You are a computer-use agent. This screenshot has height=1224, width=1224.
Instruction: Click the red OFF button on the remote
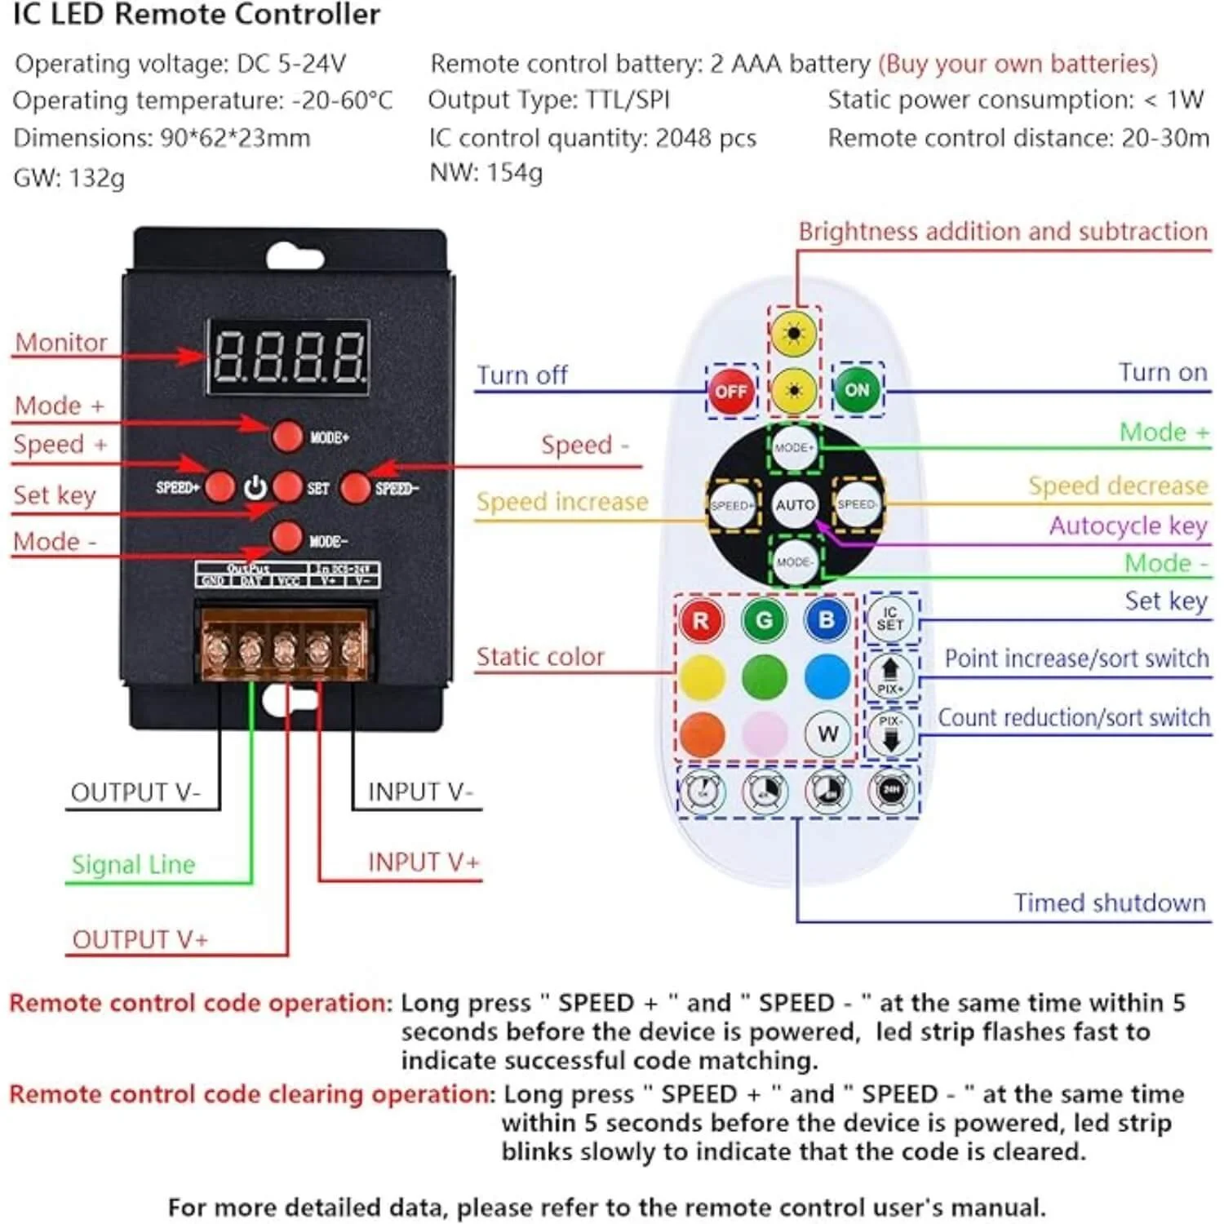[x=730, y=391]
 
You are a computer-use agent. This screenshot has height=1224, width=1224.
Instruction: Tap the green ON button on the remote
[x=857, y=390]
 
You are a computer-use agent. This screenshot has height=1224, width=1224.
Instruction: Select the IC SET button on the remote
[x=890, y=619]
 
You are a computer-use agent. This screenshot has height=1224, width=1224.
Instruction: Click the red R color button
[x=701, y=620]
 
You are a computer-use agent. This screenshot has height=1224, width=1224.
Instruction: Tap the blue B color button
[x=827, y=619]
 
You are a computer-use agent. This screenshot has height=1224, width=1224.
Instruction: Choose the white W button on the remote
[x=827, y=734]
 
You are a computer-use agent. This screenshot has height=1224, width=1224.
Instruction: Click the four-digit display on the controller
[x=287, y=357]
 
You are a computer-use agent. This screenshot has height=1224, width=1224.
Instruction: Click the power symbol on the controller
[x=255, y=488]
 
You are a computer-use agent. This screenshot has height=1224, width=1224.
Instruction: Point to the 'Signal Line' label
[x=134, y=864]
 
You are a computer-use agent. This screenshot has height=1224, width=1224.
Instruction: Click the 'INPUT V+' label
[x=423, y=862]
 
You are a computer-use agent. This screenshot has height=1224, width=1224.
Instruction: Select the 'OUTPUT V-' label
[x=135, y=792]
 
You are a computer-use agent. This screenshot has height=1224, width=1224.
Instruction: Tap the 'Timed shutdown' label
[x=1109, y=902]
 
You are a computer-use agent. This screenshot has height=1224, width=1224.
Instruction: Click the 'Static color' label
[x=540, y=657]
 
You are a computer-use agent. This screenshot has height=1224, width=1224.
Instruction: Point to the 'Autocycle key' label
[x=1128, y=526]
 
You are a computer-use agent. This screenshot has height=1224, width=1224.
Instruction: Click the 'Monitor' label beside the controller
[x=61, y=343]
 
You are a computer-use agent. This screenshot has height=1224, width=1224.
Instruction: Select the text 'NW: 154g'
[x=486, y=173]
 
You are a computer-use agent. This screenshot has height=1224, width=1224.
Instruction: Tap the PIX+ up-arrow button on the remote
[x=890, y=675]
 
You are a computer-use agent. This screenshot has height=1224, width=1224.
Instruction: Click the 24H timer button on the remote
[x=891, y=790]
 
